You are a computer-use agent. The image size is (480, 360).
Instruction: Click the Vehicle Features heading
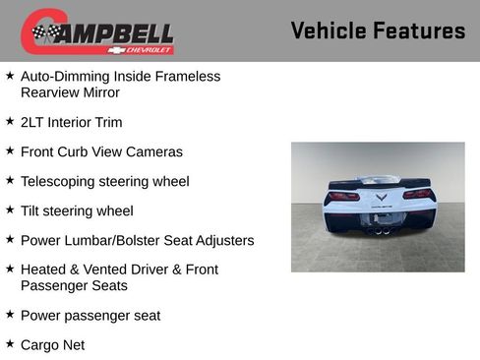click(x=378, y=31)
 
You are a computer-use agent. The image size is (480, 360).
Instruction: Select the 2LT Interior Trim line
click(x=71, y=123)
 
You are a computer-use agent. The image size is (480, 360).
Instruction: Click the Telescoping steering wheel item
click(x=104, y=182)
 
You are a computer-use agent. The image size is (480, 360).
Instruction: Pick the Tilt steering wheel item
click(x=77, y=210)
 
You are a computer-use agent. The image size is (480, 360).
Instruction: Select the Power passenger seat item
click(x=90, y=316)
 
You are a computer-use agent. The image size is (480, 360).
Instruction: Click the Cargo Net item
click(x=52, y=345)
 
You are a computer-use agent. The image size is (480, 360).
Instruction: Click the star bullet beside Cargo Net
click(x=10, y=344)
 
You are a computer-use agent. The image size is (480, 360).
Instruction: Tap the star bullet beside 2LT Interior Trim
click(x=10, y=122)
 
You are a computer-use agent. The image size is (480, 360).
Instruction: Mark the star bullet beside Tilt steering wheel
click(x=10, y=210)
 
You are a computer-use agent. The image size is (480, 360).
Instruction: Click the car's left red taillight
click(x=343, y=195)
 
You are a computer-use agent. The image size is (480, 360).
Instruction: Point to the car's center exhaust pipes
click(x=380, y=230)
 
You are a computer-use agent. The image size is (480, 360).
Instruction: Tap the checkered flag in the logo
click(x=45, y=32)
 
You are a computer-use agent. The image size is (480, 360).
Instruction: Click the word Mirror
click(x=98, y=92)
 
